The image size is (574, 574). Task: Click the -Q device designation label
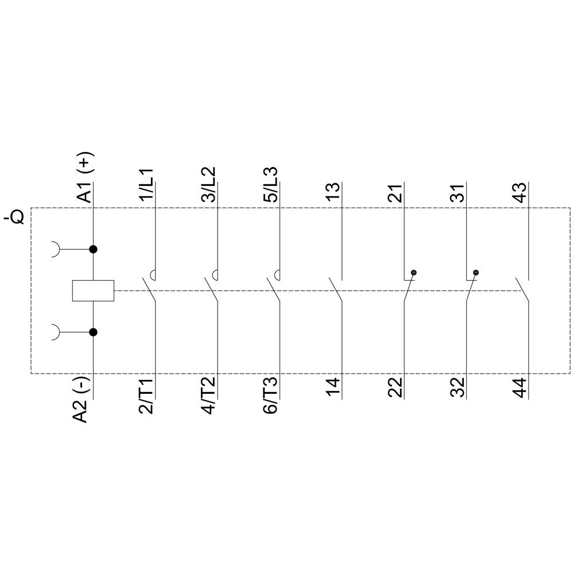14,218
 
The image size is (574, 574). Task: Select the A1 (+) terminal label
86,178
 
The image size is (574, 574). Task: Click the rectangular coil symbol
93,290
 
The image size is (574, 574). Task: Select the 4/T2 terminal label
210,397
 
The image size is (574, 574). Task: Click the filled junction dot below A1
93,249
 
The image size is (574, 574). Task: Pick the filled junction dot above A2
93,332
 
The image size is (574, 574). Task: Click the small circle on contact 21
413,273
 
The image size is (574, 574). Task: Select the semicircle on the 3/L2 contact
216,274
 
